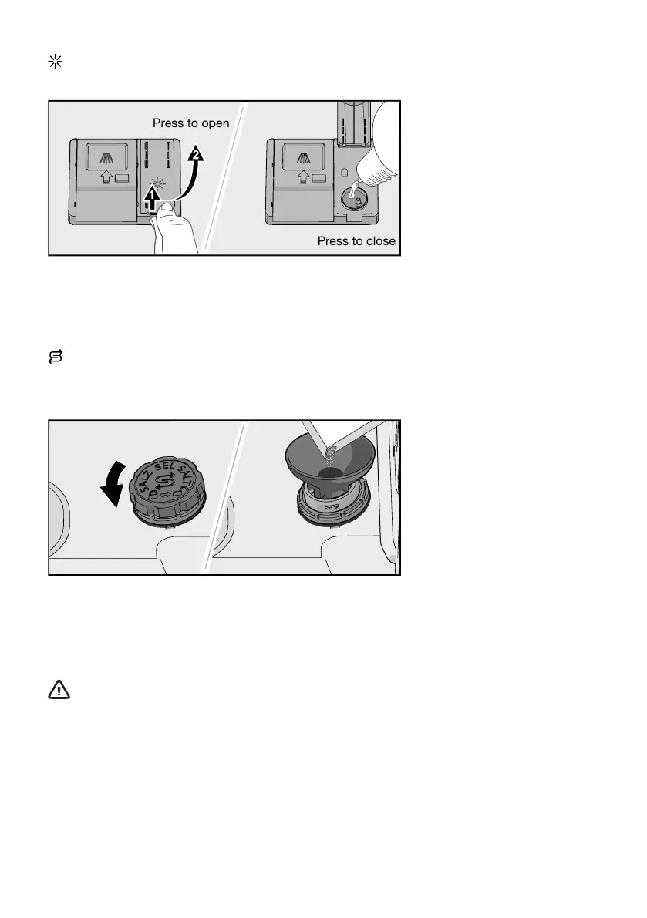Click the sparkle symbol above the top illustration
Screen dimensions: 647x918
54,62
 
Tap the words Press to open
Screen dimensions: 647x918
190,123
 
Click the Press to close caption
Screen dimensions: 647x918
356,241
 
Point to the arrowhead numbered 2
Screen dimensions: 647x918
197,154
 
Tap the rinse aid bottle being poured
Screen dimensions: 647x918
376,146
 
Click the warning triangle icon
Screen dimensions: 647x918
59,690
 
